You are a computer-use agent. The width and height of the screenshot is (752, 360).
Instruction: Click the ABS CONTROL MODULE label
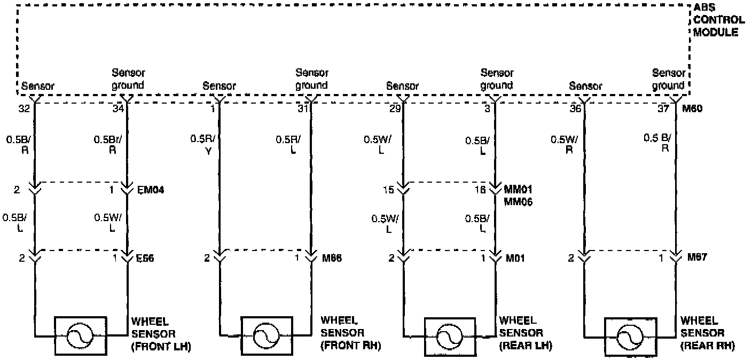[x=718, y=20]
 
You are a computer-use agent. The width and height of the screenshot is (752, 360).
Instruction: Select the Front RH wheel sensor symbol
[x=266, y=336]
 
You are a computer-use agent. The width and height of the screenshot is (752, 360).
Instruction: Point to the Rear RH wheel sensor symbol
[x=630, y=336]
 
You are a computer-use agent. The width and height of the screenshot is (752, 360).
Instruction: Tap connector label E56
[x=144, y=259]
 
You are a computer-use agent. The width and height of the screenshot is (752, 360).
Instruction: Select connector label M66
[x=331, y=259]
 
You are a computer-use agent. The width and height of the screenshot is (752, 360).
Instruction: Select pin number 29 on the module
[x=395, y=109]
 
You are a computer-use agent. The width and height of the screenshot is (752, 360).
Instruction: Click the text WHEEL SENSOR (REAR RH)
[x=707, y=333]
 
